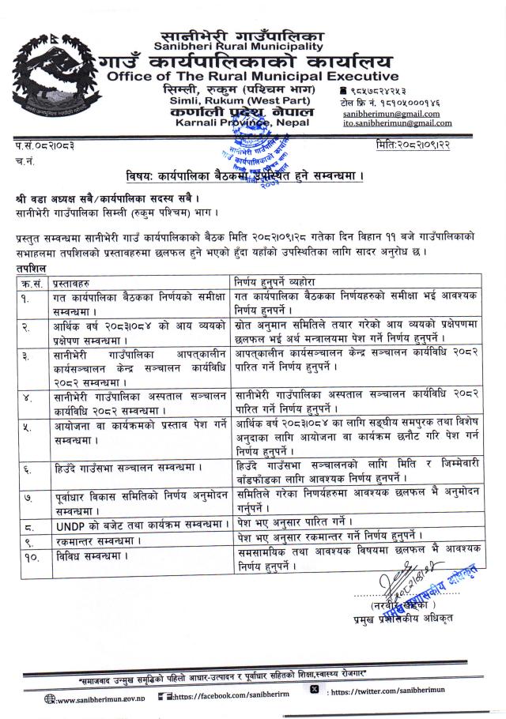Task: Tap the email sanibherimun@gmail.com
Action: pyautogui.click(x=391, y=113)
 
